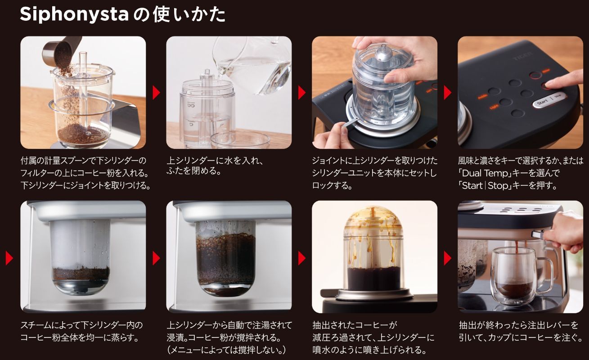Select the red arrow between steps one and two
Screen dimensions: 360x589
(x=156, y=93)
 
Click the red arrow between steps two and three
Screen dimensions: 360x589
(x=301, y=93)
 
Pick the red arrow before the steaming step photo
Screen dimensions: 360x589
(x=9, y=258)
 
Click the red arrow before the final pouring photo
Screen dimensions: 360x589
(x=447, y=258)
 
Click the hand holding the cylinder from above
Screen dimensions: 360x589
(x=396, y=54)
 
